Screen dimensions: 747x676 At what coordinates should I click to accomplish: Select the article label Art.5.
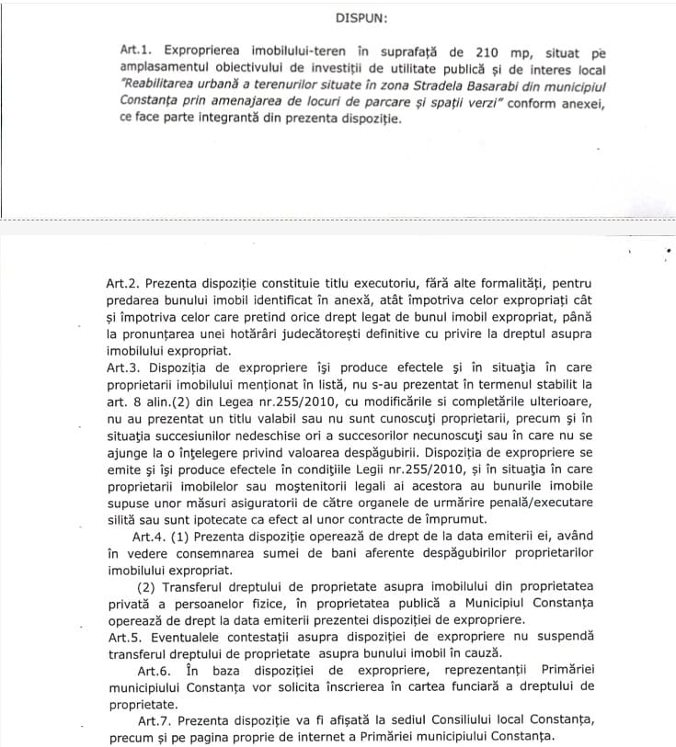tap(124, 636)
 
